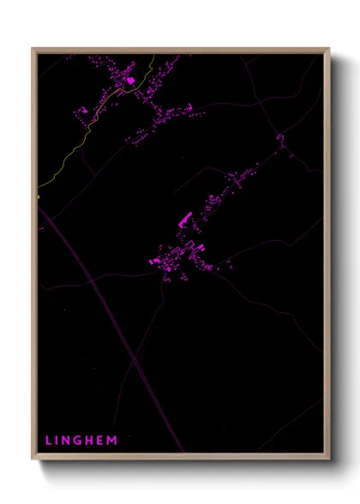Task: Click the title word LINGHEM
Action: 81,440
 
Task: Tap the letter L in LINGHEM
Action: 49,440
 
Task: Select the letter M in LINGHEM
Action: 113,440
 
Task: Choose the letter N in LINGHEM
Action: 69,440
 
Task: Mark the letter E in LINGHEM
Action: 103,440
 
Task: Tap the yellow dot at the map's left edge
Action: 39,196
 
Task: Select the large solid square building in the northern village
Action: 130,80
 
